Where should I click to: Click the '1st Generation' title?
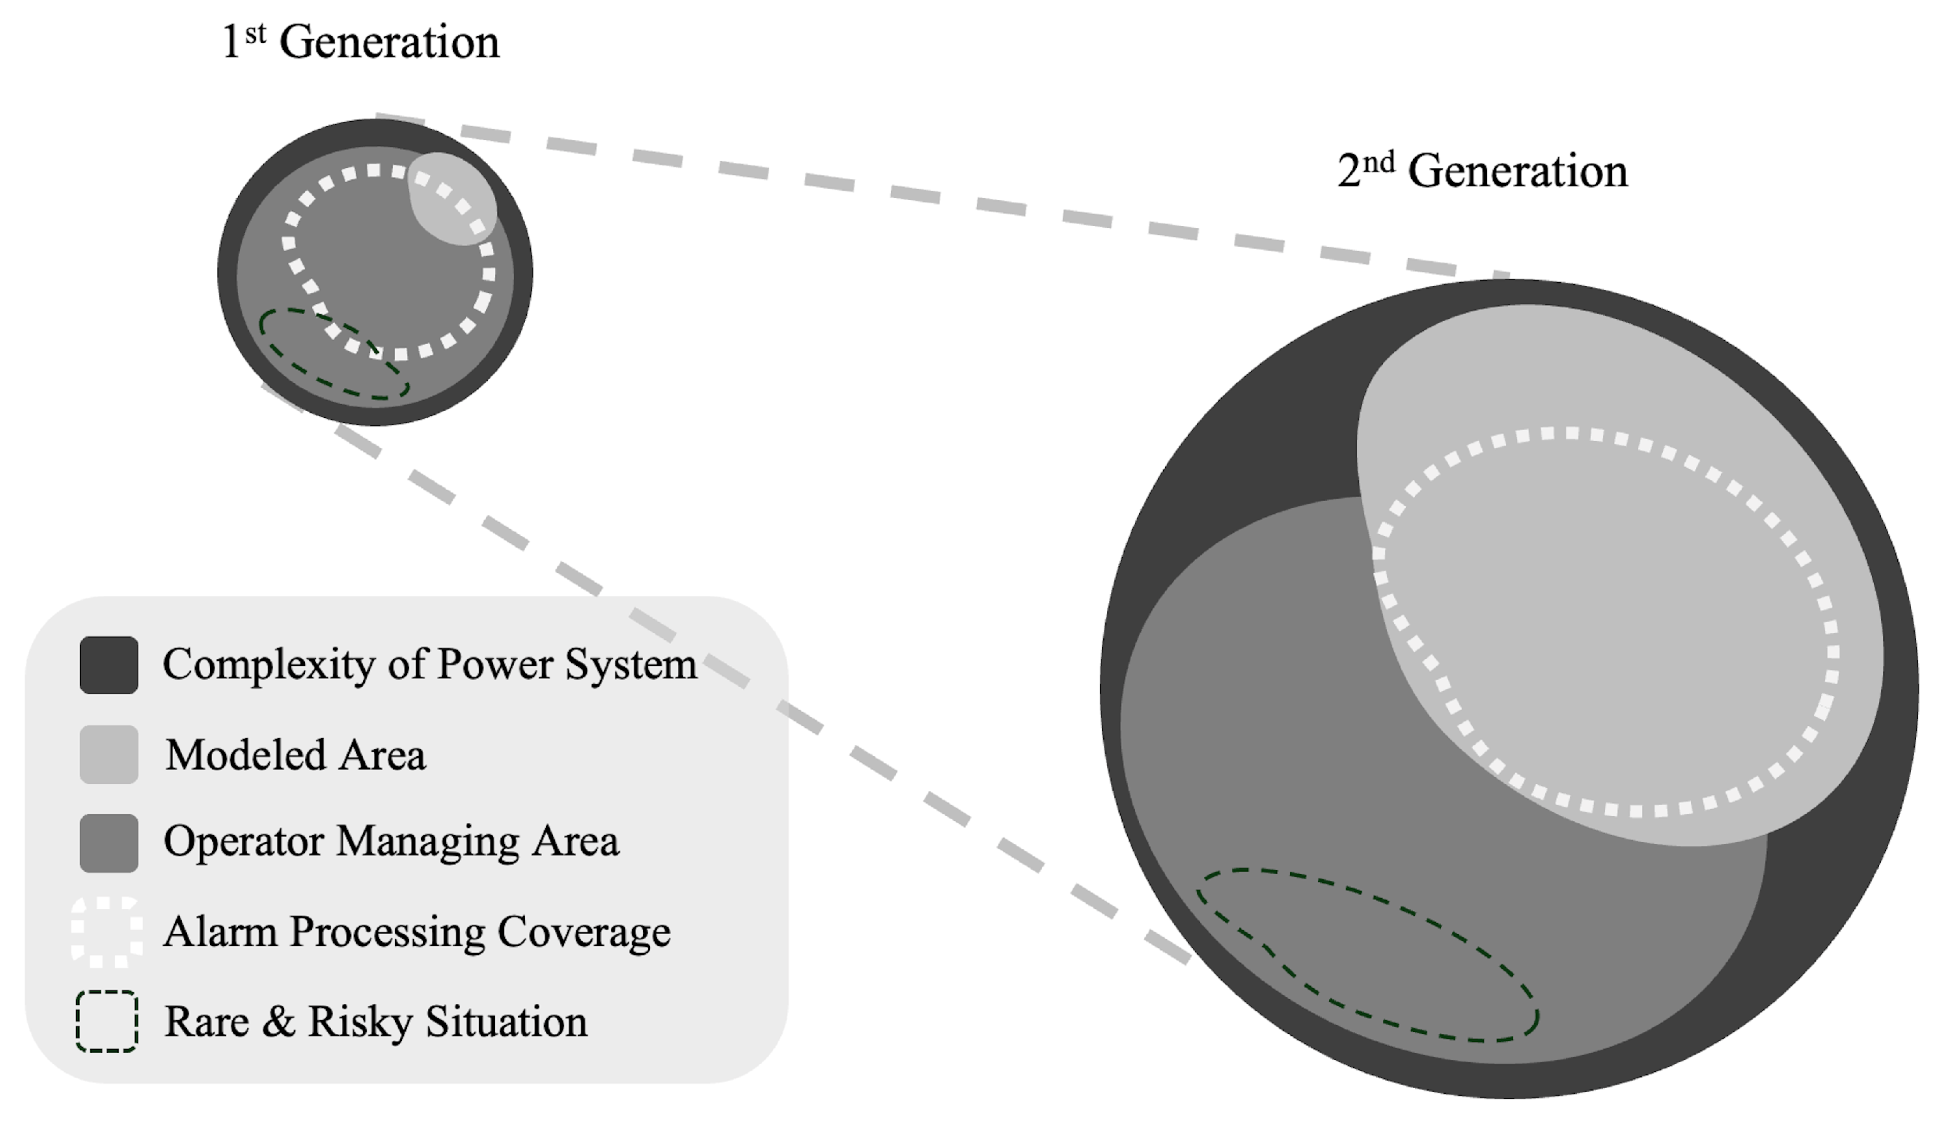pyautogui.click(x=360, y=42)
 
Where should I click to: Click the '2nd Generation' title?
pyautogui.click(x=1482, y=171)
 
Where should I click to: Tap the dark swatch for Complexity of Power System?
pyautogui.click(x=109, y=665)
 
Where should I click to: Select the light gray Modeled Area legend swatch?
pyautogui.click(x=109, y=754)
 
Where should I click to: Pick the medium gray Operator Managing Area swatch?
pyautogui.click(x=109, y=843)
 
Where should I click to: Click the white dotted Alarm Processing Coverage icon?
pyautogui.click(x=107, y=932)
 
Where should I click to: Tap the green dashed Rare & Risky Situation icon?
pyautogui.click(x=107, y=1021)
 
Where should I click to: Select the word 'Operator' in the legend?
pyautogui.click(x=244, y=841)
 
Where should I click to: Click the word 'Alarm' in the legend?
pyautogui.click(x=221, y=932)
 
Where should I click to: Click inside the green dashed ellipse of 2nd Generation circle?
pyautogui.click(x=1366, y=955)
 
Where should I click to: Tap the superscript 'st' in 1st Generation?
pyautogui.click(x=256, y=34)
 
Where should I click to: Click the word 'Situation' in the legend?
pyautogui.click(x=506, y=1023)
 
